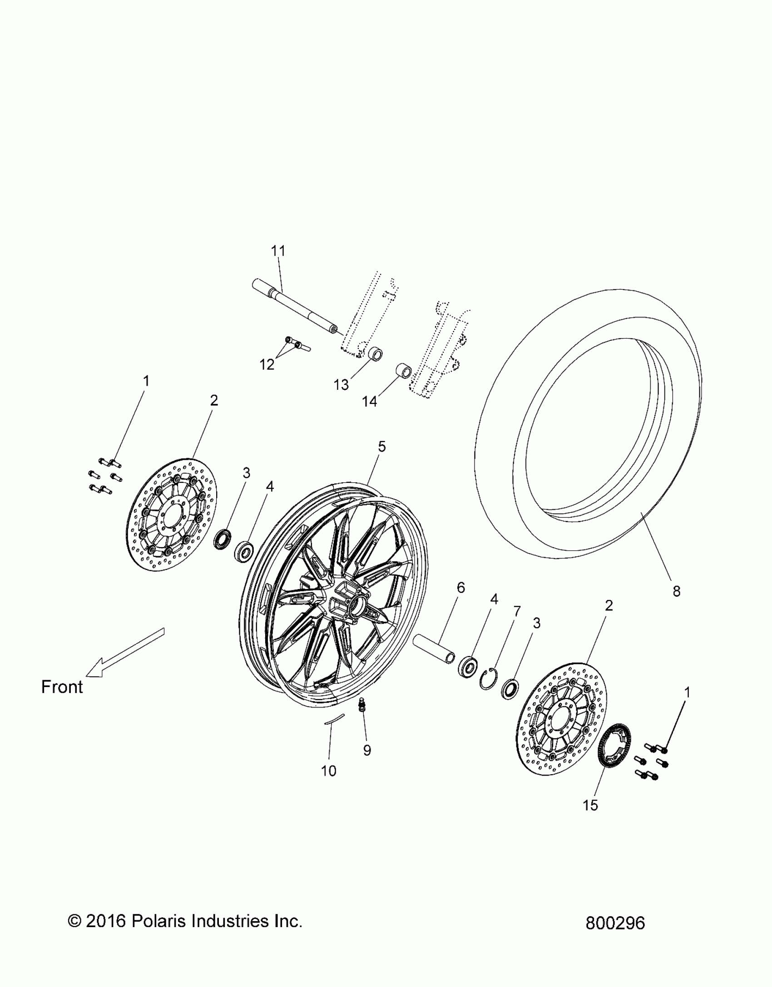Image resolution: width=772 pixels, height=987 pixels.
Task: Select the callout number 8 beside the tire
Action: click(676, 591)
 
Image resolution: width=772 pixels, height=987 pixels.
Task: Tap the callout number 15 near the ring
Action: click(591, 805)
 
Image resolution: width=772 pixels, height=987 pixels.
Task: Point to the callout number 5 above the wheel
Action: click(382, 447)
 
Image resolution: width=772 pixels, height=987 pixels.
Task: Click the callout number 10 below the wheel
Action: click(329, 771)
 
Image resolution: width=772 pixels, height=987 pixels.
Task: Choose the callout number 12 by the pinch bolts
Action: click(267, 364)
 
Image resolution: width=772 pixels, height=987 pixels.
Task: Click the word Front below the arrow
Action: click(62, 687)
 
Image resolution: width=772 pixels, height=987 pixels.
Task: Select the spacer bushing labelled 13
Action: click(375, 354)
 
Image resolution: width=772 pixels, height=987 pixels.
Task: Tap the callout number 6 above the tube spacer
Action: click(461, 588)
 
